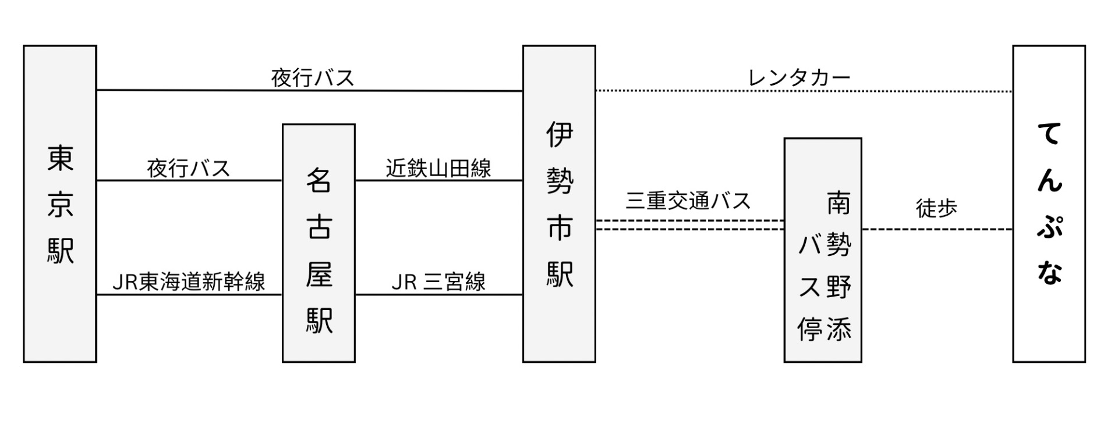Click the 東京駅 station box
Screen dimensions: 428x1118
click(60, 204)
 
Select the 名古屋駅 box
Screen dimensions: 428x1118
click(319, 243)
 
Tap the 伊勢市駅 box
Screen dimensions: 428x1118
click(559, 204)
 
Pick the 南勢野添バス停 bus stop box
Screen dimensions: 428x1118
click(823, 250)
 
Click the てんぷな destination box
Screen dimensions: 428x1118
click(1049, 204)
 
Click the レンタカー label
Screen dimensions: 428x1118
click(799, 77)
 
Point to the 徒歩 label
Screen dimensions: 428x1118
click(936, 208)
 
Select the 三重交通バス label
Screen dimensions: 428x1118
click(688, 201)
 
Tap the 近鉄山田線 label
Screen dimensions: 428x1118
click(438, 168)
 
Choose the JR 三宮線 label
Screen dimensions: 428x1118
click(438, 282)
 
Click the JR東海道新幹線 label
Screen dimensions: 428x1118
click(189, 282)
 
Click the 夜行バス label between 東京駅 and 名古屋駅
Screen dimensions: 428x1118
click(189, 169)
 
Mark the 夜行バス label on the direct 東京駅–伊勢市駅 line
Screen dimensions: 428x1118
click(313, 78)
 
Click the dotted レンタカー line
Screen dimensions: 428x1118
click(804, 91)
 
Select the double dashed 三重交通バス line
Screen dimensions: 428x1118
click(689, 225)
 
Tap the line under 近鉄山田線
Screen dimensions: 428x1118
click(438, 180)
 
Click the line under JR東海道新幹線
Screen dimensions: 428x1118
click(189, 295)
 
